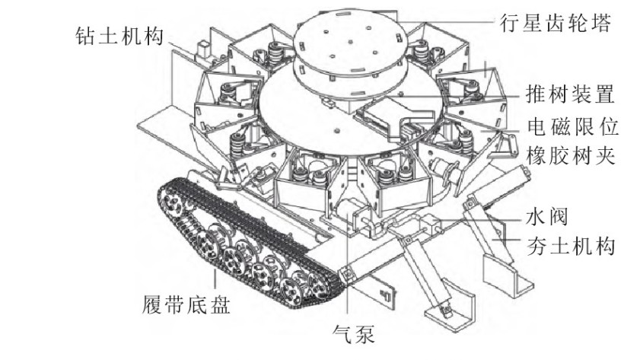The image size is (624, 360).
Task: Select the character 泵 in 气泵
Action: (365, 333)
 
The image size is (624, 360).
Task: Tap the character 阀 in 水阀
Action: (556, 216)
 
